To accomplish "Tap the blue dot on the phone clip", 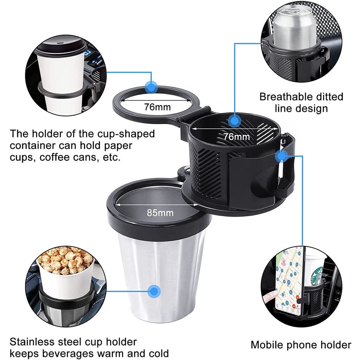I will pos(281,155).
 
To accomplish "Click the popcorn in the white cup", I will pos(65,260).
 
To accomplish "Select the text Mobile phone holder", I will pos(301,345).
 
